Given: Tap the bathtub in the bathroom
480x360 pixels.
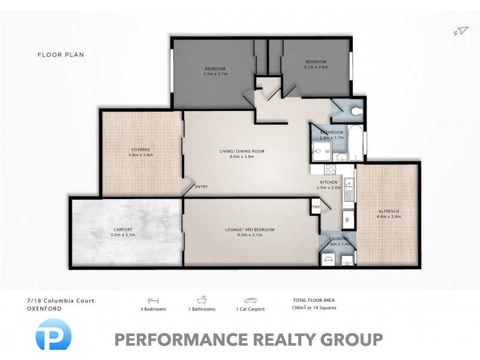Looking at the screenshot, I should (355, 144).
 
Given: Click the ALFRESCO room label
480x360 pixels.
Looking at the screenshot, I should (389, 211).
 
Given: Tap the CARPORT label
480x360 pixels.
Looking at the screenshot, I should (123, 230).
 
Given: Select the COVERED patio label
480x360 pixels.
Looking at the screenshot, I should (141, 149).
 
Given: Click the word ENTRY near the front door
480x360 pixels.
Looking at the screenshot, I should (202, 187).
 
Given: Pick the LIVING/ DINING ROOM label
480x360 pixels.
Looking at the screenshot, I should (241, 151).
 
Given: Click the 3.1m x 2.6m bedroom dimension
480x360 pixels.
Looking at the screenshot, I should (316, 67).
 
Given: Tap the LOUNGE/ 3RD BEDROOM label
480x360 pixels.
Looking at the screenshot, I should (250, 230).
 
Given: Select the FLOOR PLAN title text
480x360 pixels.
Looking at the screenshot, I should (61, 55).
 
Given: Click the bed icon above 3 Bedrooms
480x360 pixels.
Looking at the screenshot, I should (152, 299).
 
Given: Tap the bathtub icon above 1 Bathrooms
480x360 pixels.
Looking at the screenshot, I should (202, 299).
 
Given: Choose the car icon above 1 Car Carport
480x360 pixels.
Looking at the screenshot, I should (250, 299).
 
